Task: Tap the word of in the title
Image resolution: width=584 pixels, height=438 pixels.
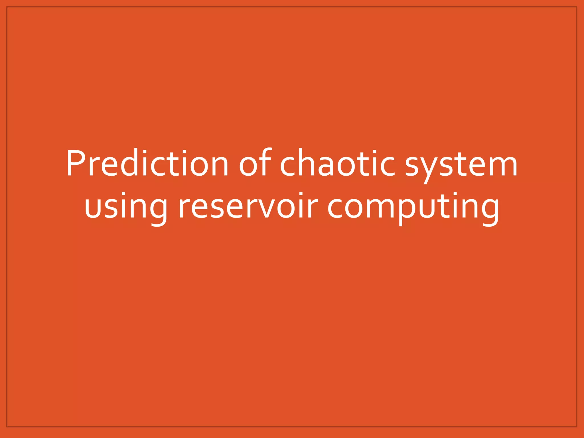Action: coord(255,163)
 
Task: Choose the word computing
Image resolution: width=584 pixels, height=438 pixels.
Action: coord(413,207)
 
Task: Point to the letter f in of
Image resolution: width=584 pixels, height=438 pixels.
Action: coord(265,162)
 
